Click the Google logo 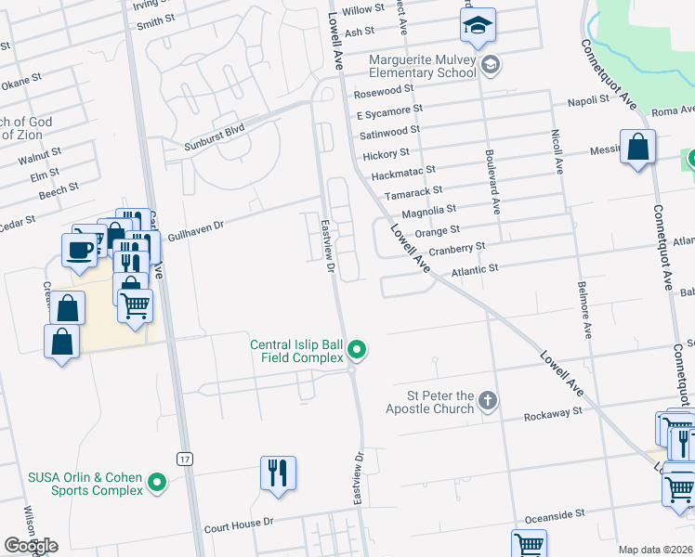tap(31, 545)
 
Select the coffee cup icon tap(79, 249)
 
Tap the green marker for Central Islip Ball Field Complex tap(357, 350)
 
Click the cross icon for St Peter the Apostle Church tap(487, 402)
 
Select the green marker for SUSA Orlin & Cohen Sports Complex tap(157, 483)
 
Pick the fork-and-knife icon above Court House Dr tap(278, 473)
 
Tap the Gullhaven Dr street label tap(193, 227)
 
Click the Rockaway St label tap(552, 410)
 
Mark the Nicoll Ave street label tap(559, 152)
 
